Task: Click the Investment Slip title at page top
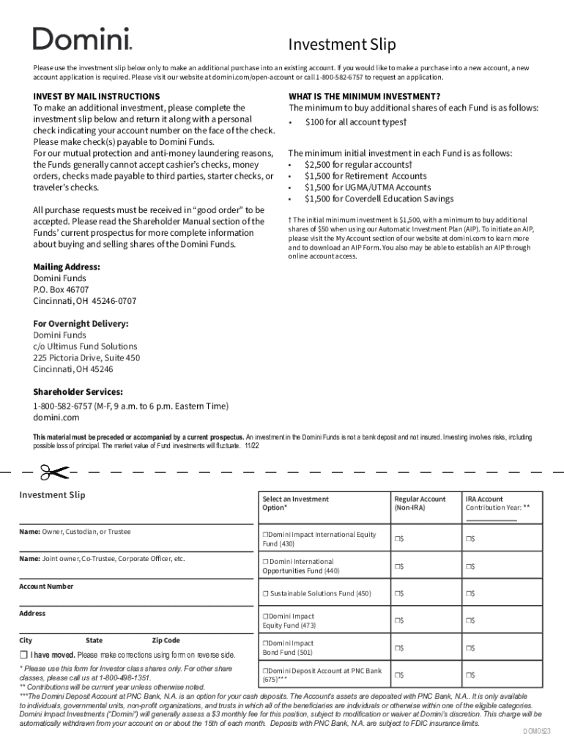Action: point(341,45)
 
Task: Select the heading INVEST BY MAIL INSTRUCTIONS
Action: point(96,96)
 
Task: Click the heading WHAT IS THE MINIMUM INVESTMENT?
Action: point(364,96)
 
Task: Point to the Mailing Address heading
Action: point(67,267)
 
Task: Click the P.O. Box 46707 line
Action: point(61,289)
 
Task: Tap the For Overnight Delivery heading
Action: point(81,323)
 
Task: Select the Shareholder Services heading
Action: point(78,392)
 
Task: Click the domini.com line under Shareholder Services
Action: point(56,417)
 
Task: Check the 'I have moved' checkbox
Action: point(23,654)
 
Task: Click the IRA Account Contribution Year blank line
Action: point(491,520)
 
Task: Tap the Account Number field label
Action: point(46,586)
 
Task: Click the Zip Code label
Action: point(166,640)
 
